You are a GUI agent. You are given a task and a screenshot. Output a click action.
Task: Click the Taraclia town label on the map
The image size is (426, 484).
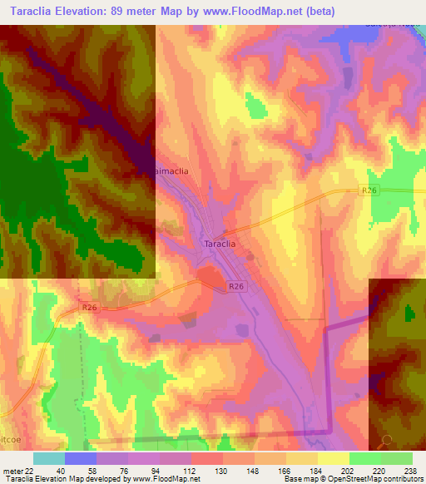[221, 244]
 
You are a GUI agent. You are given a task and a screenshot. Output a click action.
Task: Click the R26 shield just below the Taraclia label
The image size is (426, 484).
[237, 286]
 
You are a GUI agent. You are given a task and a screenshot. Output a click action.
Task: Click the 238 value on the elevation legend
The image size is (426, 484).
[410, 471]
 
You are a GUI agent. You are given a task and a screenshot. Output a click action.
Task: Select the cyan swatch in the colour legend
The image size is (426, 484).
[48, 458]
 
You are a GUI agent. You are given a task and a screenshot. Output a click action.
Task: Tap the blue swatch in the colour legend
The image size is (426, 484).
[80, 458]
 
